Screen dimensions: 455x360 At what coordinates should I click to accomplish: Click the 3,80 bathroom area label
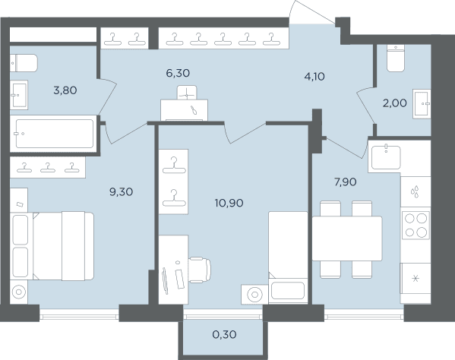click(65, 90)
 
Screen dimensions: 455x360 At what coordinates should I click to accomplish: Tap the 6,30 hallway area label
click(178, 73)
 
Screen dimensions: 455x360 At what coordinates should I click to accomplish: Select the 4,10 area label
click(314, 77)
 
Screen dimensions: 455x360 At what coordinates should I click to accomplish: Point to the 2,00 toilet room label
click(395, 103)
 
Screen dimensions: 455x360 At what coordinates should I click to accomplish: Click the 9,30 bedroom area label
click(121, 191)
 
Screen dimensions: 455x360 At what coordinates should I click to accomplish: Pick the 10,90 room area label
click(229, 203)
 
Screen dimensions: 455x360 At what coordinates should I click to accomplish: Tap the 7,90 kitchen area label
click(346, 182)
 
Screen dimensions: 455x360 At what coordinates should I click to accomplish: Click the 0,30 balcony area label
click(224, 335)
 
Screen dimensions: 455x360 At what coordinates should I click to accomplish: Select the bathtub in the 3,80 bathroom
click(55, 134)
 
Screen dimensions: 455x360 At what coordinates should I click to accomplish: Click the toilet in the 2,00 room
click(396, 58)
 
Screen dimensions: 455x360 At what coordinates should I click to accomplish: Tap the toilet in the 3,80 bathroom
click(24, 63)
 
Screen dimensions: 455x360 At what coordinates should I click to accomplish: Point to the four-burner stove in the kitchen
click(416, 225)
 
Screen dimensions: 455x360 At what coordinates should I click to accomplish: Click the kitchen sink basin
click(386, 157)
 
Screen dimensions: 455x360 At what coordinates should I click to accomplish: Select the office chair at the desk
click(200, 270)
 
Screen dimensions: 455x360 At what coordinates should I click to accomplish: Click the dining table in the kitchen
click(347, 238)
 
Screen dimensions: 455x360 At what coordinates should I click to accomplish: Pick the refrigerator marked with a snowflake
click(416, 279)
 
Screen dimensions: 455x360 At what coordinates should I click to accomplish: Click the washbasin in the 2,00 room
click(422, 103)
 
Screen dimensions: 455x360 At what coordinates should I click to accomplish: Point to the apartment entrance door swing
click(314, 12)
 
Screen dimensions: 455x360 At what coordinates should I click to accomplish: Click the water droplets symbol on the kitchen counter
click(415, 191)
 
